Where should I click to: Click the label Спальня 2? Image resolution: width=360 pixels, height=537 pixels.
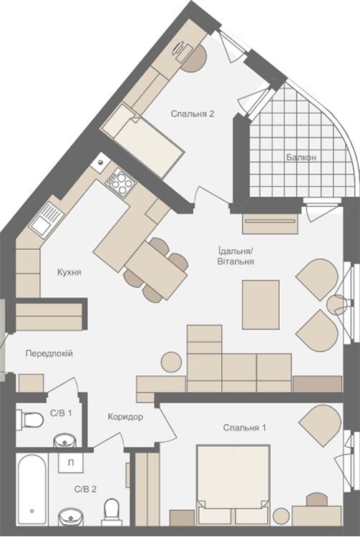[x=193, y=114]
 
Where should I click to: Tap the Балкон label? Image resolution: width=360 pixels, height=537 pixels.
[x=301, y=158]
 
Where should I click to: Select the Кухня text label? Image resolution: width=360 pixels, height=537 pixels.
[x=69, y=272]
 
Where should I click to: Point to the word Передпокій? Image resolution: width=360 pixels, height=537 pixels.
[x=49, y=353]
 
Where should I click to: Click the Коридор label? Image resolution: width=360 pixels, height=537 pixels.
[x=125, y=417]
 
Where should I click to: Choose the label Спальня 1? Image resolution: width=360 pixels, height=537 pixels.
[x=244, y=427]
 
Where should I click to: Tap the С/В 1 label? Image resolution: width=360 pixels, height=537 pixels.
[x=61, y=413]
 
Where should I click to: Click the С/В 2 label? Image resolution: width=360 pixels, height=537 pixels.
[x=85, y=490]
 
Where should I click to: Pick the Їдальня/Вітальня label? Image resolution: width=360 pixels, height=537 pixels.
[x=235, y=256]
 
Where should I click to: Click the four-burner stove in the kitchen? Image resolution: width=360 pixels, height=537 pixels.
[x=120, y=183]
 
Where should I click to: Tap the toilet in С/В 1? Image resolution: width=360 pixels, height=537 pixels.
[x=30, y=420]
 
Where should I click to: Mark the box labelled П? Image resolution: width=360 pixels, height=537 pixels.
[x=71, y=463]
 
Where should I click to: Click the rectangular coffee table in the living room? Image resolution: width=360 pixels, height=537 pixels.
[x=261, y=305]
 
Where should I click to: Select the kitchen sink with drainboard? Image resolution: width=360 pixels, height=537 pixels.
[x=47, y=220]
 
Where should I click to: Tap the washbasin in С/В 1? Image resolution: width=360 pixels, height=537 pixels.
[x=64, y=441]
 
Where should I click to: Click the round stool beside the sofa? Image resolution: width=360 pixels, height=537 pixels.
[x=171, y=362]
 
